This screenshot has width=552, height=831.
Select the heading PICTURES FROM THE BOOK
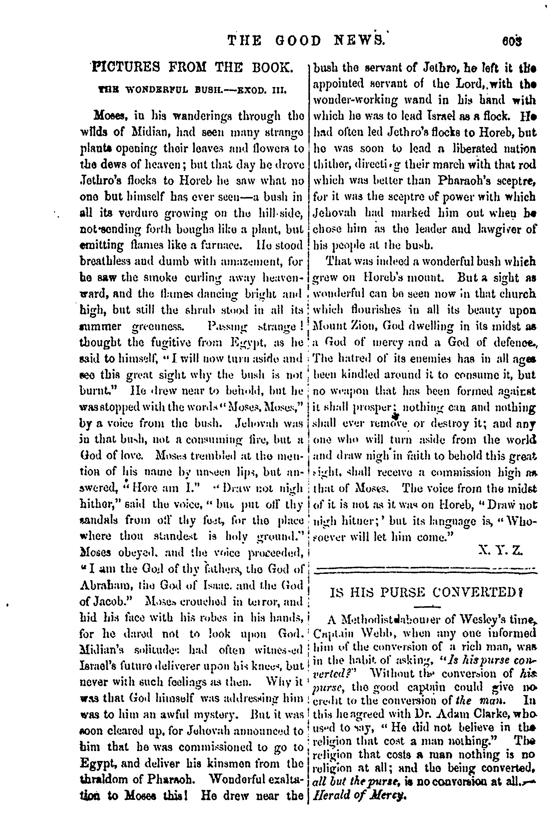tap(192, 67)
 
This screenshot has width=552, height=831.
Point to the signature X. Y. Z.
tap(502, 550)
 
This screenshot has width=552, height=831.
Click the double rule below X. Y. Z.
tap(427, 568)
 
